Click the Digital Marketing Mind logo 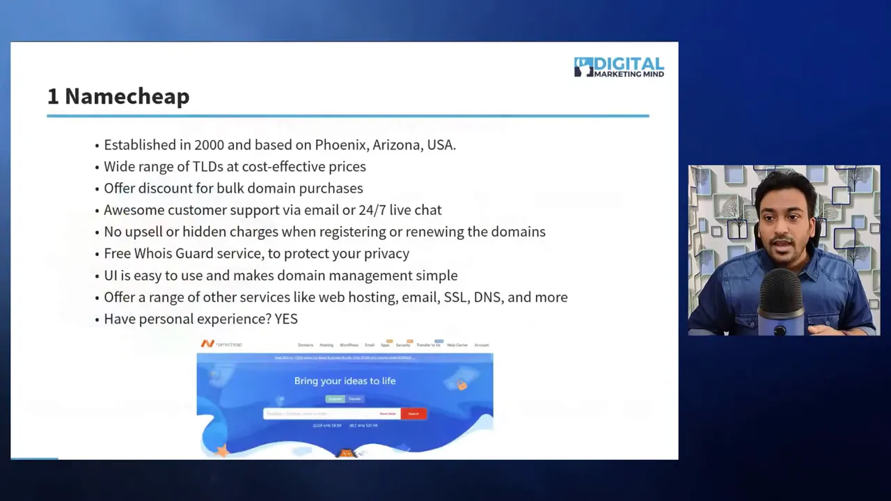[x=619, y=67]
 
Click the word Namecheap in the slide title [x=127, y=97]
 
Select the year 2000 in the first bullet [x=209, y=145]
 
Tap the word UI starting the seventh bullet [x=110, y=276]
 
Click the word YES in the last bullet [x=286, y=319]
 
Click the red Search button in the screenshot [x=413, y=413]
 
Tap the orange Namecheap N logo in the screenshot [x=207, y=344]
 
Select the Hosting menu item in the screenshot [x=326, y=345]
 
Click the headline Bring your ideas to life [x=345, y=381]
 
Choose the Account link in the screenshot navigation [x=482, y=345]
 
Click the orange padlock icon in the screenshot [x=461, y=384]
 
